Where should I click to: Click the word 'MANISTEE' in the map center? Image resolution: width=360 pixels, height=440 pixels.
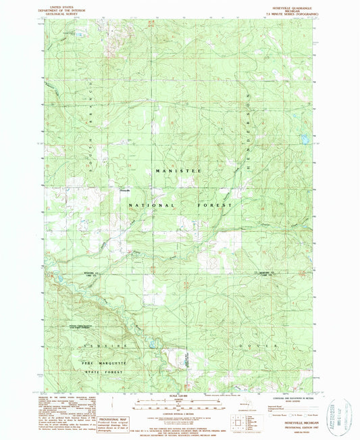(x=178, y=172)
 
